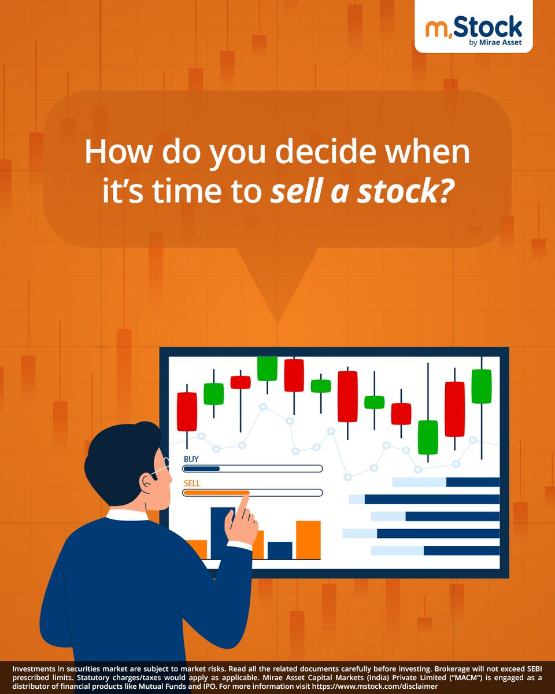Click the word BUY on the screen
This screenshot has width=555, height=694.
click(191, 459)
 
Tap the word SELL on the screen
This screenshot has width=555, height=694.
click(192, 483)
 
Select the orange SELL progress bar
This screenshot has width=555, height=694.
click(216, 493)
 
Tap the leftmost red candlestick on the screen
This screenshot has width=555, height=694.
click(187, 411)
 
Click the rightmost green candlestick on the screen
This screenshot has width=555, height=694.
click(481, 386)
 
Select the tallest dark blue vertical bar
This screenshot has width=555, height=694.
click(223, 532)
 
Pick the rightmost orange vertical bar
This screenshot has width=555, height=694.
click(308, 540)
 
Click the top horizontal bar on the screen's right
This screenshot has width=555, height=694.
click(446, 482)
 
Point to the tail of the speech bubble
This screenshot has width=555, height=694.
click(277, 289)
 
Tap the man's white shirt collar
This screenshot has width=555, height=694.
click(127, 514)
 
